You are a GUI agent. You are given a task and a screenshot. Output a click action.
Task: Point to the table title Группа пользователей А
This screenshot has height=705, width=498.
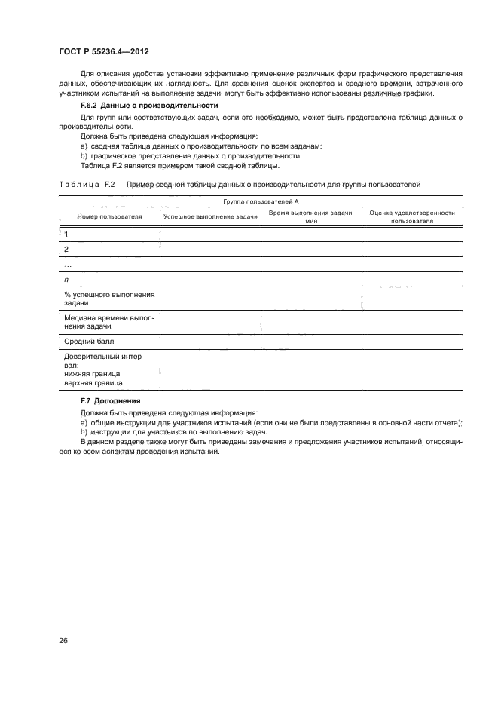[261, 201]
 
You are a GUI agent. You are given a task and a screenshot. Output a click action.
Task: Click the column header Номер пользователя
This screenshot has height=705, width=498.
[110, 216]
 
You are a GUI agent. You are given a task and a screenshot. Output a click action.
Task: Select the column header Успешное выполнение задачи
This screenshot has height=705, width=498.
[210, 216]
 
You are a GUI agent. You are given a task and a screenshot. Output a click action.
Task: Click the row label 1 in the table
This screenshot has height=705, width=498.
[66, 234]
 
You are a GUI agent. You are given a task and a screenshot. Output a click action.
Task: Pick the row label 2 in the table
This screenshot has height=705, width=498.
[66, 249]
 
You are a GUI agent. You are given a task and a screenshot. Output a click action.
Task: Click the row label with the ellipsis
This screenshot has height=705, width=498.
[68, 264]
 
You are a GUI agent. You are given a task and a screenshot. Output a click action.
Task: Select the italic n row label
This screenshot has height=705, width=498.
[66, 279]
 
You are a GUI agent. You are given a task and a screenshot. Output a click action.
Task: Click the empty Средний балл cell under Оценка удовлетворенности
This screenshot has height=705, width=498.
[412, 342]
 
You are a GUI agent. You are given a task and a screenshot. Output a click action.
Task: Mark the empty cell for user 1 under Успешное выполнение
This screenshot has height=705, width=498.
[210, 234]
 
